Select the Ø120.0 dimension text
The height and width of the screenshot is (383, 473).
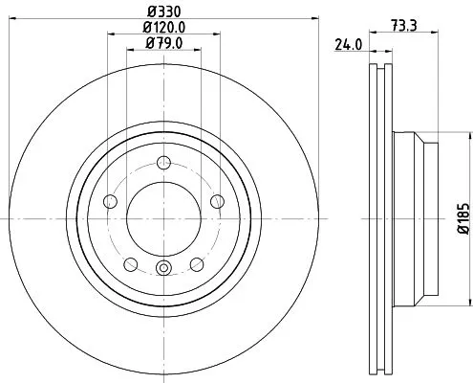click(x=162, y=28)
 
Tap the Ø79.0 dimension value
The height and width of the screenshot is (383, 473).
click(x=162, y=43)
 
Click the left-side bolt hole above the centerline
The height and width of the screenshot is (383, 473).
click(x=108, y=201)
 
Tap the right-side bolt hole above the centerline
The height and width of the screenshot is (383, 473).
click(x=218, y=200)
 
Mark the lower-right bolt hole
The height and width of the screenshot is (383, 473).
click(x=197, y=265)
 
